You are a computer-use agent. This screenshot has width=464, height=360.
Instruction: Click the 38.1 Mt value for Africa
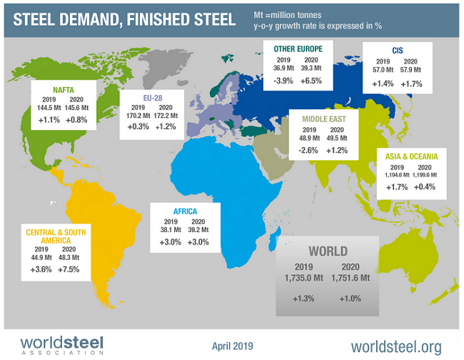point(165,229)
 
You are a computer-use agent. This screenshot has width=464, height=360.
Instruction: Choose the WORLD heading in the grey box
point(328,251)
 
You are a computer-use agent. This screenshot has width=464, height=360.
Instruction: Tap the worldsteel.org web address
point(396,346)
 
